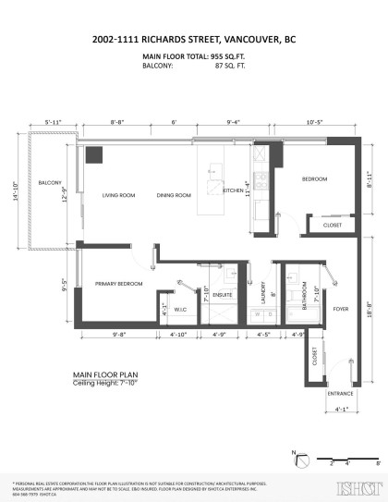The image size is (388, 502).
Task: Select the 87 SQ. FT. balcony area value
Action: (231, 67)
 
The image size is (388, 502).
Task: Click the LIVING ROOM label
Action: (119, 195)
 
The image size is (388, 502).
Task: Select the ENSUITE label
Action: (223, 296)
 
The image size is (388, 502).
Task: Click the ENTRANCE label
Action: (340, 393)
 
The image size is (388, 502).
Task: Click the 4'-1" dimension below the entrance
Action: (340, 410)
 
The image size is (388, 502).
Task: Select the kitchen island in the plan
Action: (218, 177)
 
